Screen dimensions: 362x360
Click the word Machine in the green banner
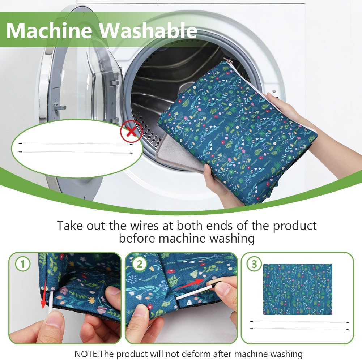click(49, 30)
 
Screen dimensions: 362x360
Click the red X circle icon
click(131, 132)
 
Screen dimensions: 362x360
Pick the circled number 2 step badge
click(139, 264)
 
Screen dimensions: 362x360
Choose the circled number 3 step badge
click(254, 264)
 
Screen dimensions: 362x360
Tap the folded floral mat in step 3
click(298, 290)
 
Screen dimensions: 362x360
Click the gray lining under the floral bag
click(175, 152)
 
